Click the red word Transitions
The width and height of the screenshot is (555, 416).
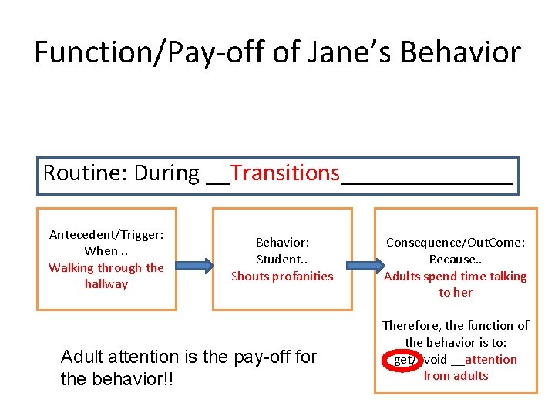coord(284,173)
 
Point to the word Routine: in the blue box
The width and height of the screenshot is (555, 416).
coord(86,173)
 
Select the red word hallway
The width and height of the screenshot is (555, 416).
coord(106,283)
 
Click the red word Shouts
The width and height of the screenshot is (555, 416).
coord(249,276)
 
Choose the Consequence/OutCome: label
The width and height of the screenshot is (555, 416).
coord(456,243)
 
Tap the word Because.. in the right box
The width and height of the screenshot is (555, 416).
coord(456,260)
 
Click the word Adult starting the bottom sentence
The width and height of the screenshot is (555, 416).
coord(80,357)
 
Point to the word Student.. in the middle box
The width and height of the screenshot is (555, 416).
coord(282,259)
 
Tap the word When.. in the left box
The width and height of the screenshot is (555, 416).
coord(106,251)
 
